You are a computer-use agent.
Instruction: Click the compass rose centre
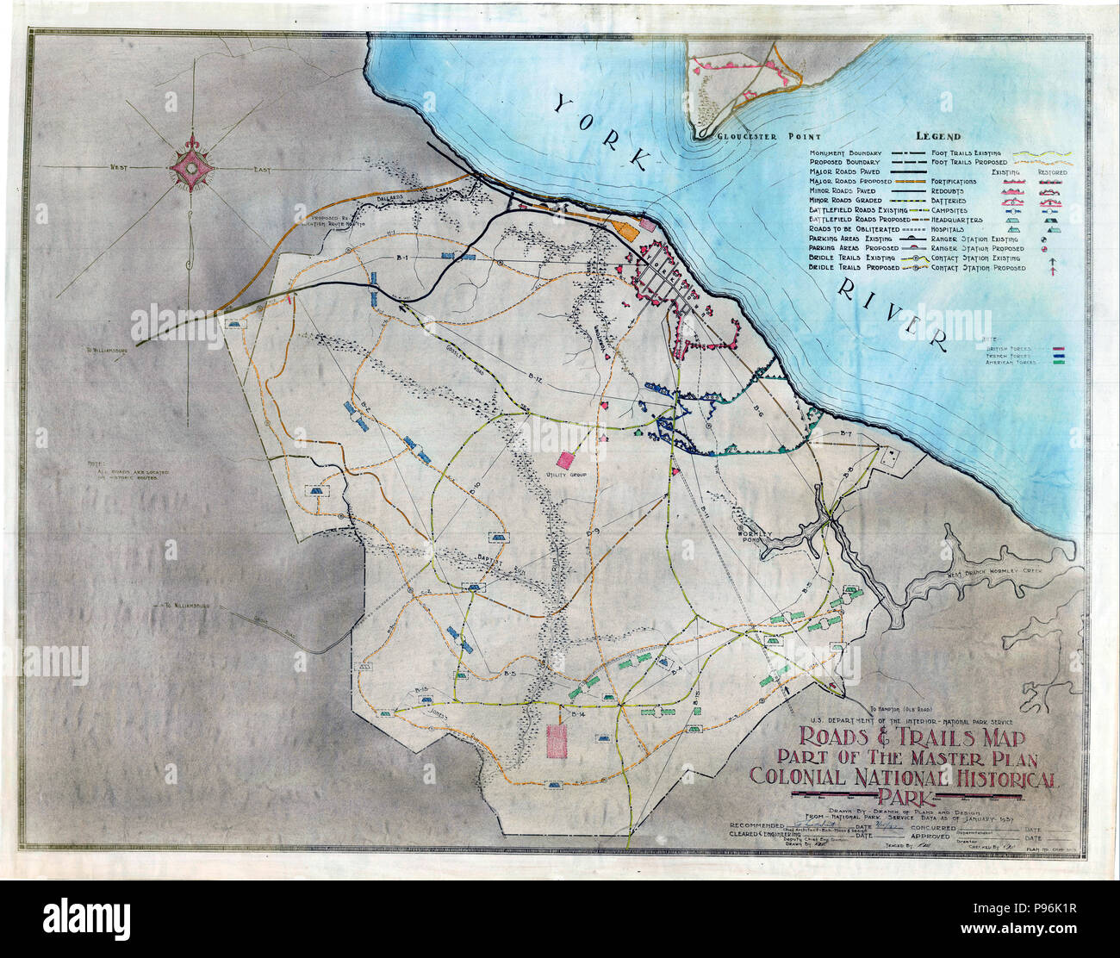tap(190, 171)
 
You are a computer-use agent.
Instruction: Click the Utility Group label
tap(566, 475)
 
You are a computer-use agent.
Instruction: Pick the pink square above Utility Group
tap(566, 459)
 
